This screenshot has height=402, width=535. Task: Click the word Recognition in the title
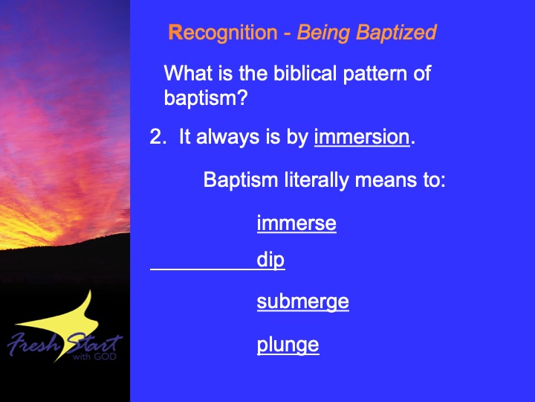[223, 33]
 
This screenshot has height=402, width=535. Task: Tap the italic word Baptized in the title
[397, 33]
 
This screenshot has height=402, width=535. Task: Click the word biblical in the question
[305, 73]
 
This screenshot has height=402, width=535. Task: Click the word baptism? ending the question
[205, 98]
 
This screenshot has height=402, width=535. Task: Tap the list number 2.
[158, 137]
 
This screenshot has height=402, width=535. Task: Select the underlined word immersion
[362, 137]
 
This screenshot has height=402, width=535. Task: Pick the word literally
[317, 180]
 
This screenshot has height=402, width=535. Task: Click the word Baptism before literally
[241, 180]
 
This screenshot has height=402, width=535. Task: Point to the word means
[386, 180]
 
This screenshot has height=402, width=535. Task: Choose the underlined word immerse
[296, 223]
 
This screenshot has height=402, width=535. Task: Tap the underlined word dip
[270, 261]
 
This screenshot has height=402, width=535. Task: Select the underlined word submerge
[303, 301]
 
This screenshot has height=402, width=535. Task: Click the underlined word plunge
[288, 345]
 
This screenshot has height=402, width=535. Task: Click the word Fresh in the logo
[33, 343]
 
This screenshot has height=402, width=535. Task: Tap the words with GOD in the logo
[94, 357]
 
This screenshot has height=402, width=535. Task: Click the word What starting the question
[188, 73]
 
